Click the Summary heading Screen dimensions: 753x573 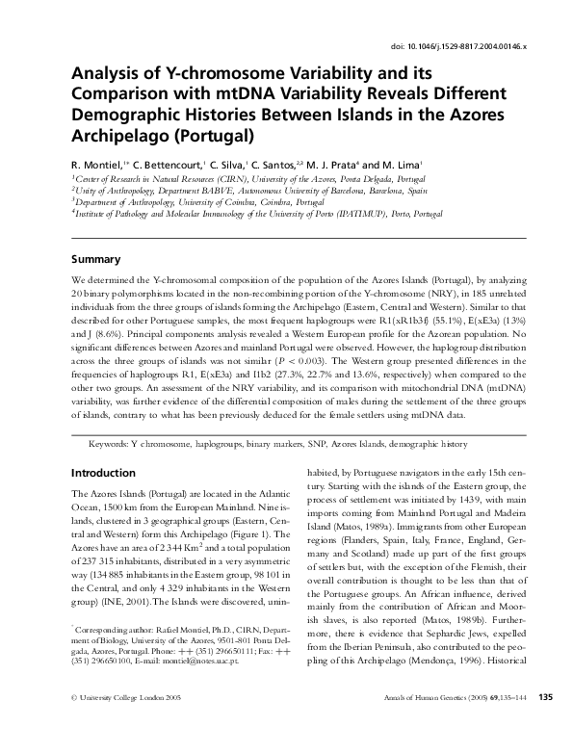pyautogui.click(x=96, y=259)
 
